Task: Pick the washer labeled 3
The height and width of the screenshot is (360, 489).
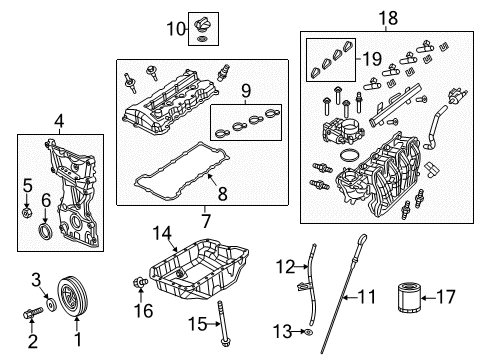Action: (48, 303)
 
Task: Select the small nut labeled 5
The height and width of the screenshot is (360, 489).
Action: (27, 213)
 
